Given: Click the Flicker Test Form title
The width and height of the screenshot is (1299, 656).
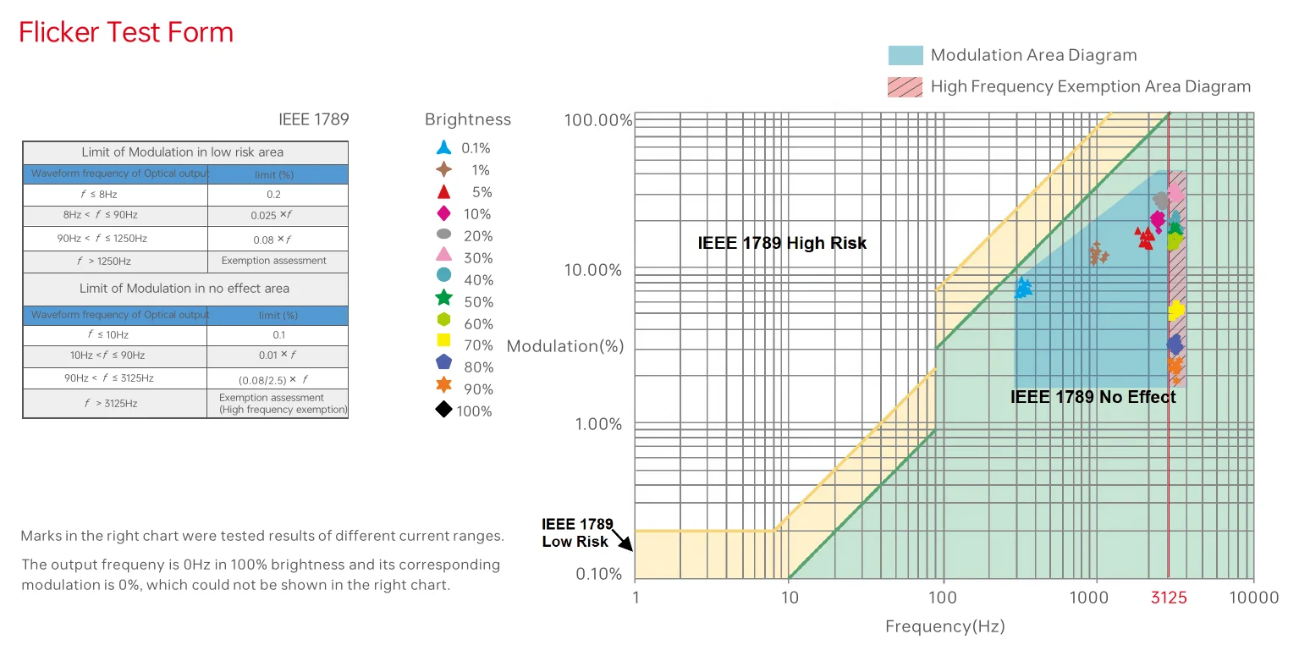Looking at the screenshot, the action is click(126, 32).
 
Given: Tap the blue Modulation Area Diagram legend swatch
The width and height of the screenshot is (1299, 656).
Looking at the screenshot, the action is click(905, 55).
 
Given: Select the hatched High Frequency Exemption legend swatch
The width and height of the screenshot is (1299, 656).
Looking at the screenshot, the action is click(905, 87).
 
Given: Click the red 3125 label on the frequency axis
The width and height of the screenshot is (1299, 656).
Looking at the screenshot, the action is click(1169, 598).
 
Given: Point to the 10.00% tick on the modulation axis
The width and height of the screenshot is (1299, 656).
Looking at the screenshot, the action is click(592, 270).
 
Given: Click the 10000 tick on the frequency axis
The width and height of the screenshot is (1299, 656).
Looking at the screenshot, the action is click(1254, 598).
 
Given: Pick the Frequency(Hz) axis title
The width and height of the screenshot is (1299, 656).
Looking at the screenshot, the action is click(944, 626).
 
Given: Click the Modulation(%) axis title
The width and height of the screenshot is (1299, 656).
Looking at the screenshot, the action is click(564, 346).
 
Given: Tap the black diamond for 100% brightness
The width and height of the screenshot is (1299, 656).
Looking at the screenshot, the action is click(443, 410).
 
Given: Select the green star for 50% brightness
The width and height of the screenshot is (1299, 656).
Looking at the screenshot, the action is click(443, 298).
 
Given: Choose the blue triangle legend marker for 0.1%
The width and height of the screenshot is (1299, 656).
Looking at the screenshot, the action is click(443, 146).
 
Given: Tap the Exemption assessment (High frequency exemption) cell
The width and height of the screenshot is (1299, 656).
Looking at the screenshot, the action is click(278, 403).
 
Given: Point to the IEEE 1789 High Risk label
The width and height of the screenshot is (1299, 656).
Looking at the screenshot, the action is click(782, 243).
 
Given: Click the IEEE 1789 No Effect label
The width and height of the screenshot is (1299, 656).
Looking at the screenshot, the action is click(1093, 397).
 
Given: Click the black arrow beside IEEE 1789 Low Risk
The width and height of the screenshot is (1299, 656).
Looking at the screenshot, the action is click(623, 539).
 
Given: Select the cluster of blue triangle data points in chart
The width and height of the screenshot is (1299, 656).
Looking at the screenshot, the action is click(1023, 287).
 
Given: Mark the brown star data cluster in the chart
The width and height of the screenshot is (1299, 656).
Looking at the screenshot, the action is click(1098, 253).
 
